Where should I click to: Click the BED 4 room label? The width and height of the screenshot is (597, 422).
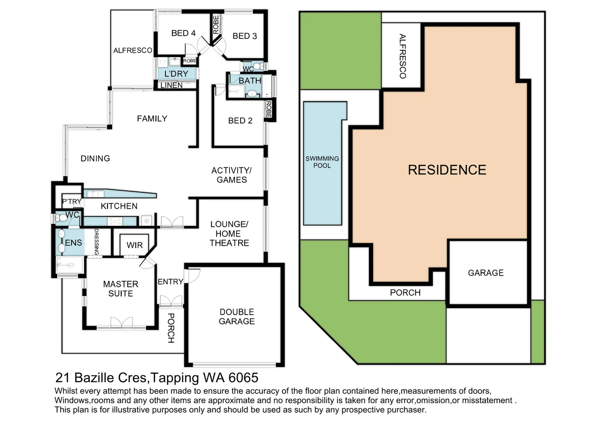[x=183, y=33]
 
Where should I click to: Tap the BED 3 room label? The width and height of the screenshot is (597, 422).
[x=245, y=36]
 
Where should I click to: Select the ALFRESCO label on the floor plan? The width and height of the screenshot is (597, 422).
[x=133, y=50]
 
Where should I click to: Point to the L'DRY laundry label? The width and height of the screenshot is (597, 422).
[x=176, y=74]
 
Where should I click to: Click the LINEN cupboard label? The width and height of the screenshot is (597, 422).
[x=172, y=85]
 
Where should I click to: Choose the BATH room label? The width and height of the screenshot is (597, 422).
[x=250, y=81]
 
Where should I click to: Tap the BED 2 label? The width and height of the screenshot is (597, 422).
[x=240, y=121]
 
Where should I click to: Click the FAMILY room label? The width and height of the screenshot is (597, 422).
[x=152, y=119]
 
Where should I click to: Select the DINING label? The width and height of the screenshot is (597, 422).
[x=95, y=159]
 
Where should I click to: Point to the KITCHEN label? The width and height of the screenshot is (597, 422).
[x=119, y=206]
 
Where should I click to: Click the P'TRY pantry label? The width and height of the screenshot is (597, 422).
[x=72, y=202]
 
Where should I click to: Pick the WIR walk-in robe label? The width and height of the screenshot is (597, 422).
[x=134, y=245]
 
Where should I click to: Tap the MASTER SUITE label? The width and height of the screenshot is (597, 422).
[x=120, y=289]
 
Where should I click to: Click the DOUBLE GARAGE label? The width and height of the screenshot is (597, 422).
[x=237, y=316]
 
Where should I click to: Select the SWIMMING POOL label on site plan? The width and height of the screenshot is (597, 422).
[x=322, y=162]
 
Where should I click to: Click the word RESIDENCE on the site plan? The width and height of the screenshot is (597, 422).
[x=447, y=170]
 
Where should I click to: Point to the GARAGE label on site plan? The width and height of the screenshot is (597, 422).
[x=486, y=273]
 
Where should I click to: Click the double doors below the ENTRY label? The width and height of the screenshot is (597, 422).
[x=171, y=301]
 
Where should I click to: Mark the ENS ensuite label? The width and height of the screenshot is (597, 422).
[x=73, y=243]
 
